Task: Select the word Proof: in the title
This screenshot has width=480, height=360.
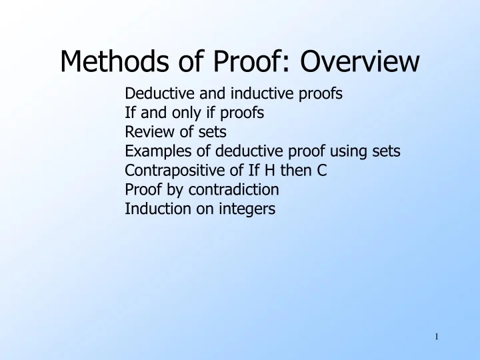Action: (245, 63)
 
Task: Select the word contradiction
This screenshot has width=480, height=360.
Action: (238, 190)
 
